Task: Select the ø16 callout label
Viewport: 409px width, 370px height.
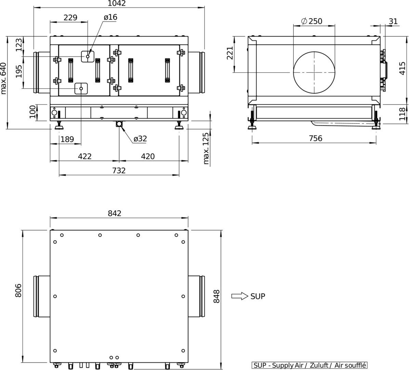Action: (x=110, y=17)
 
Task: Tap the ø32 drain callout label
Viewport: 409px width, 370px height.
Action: (x=140, y=139)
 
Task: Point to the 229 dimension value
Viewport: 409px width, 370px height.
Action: (x=70, y=17)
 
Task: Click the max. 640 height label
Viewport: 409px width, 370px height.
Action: (x=4, y=78)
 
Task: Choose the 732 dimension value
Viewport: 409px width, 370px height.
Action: (x=119, y=171)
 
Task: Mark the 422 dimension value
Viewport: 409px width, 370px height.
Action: (x=85, y=156)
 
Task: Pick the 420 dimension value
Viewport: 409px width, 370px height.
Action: (x=148, y=156)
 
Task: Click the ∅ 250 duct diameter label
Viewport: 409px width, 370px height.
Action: (x=312, y=21)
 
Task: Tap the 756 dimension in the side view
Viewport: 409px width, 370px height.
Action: (x=316, y=138)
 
